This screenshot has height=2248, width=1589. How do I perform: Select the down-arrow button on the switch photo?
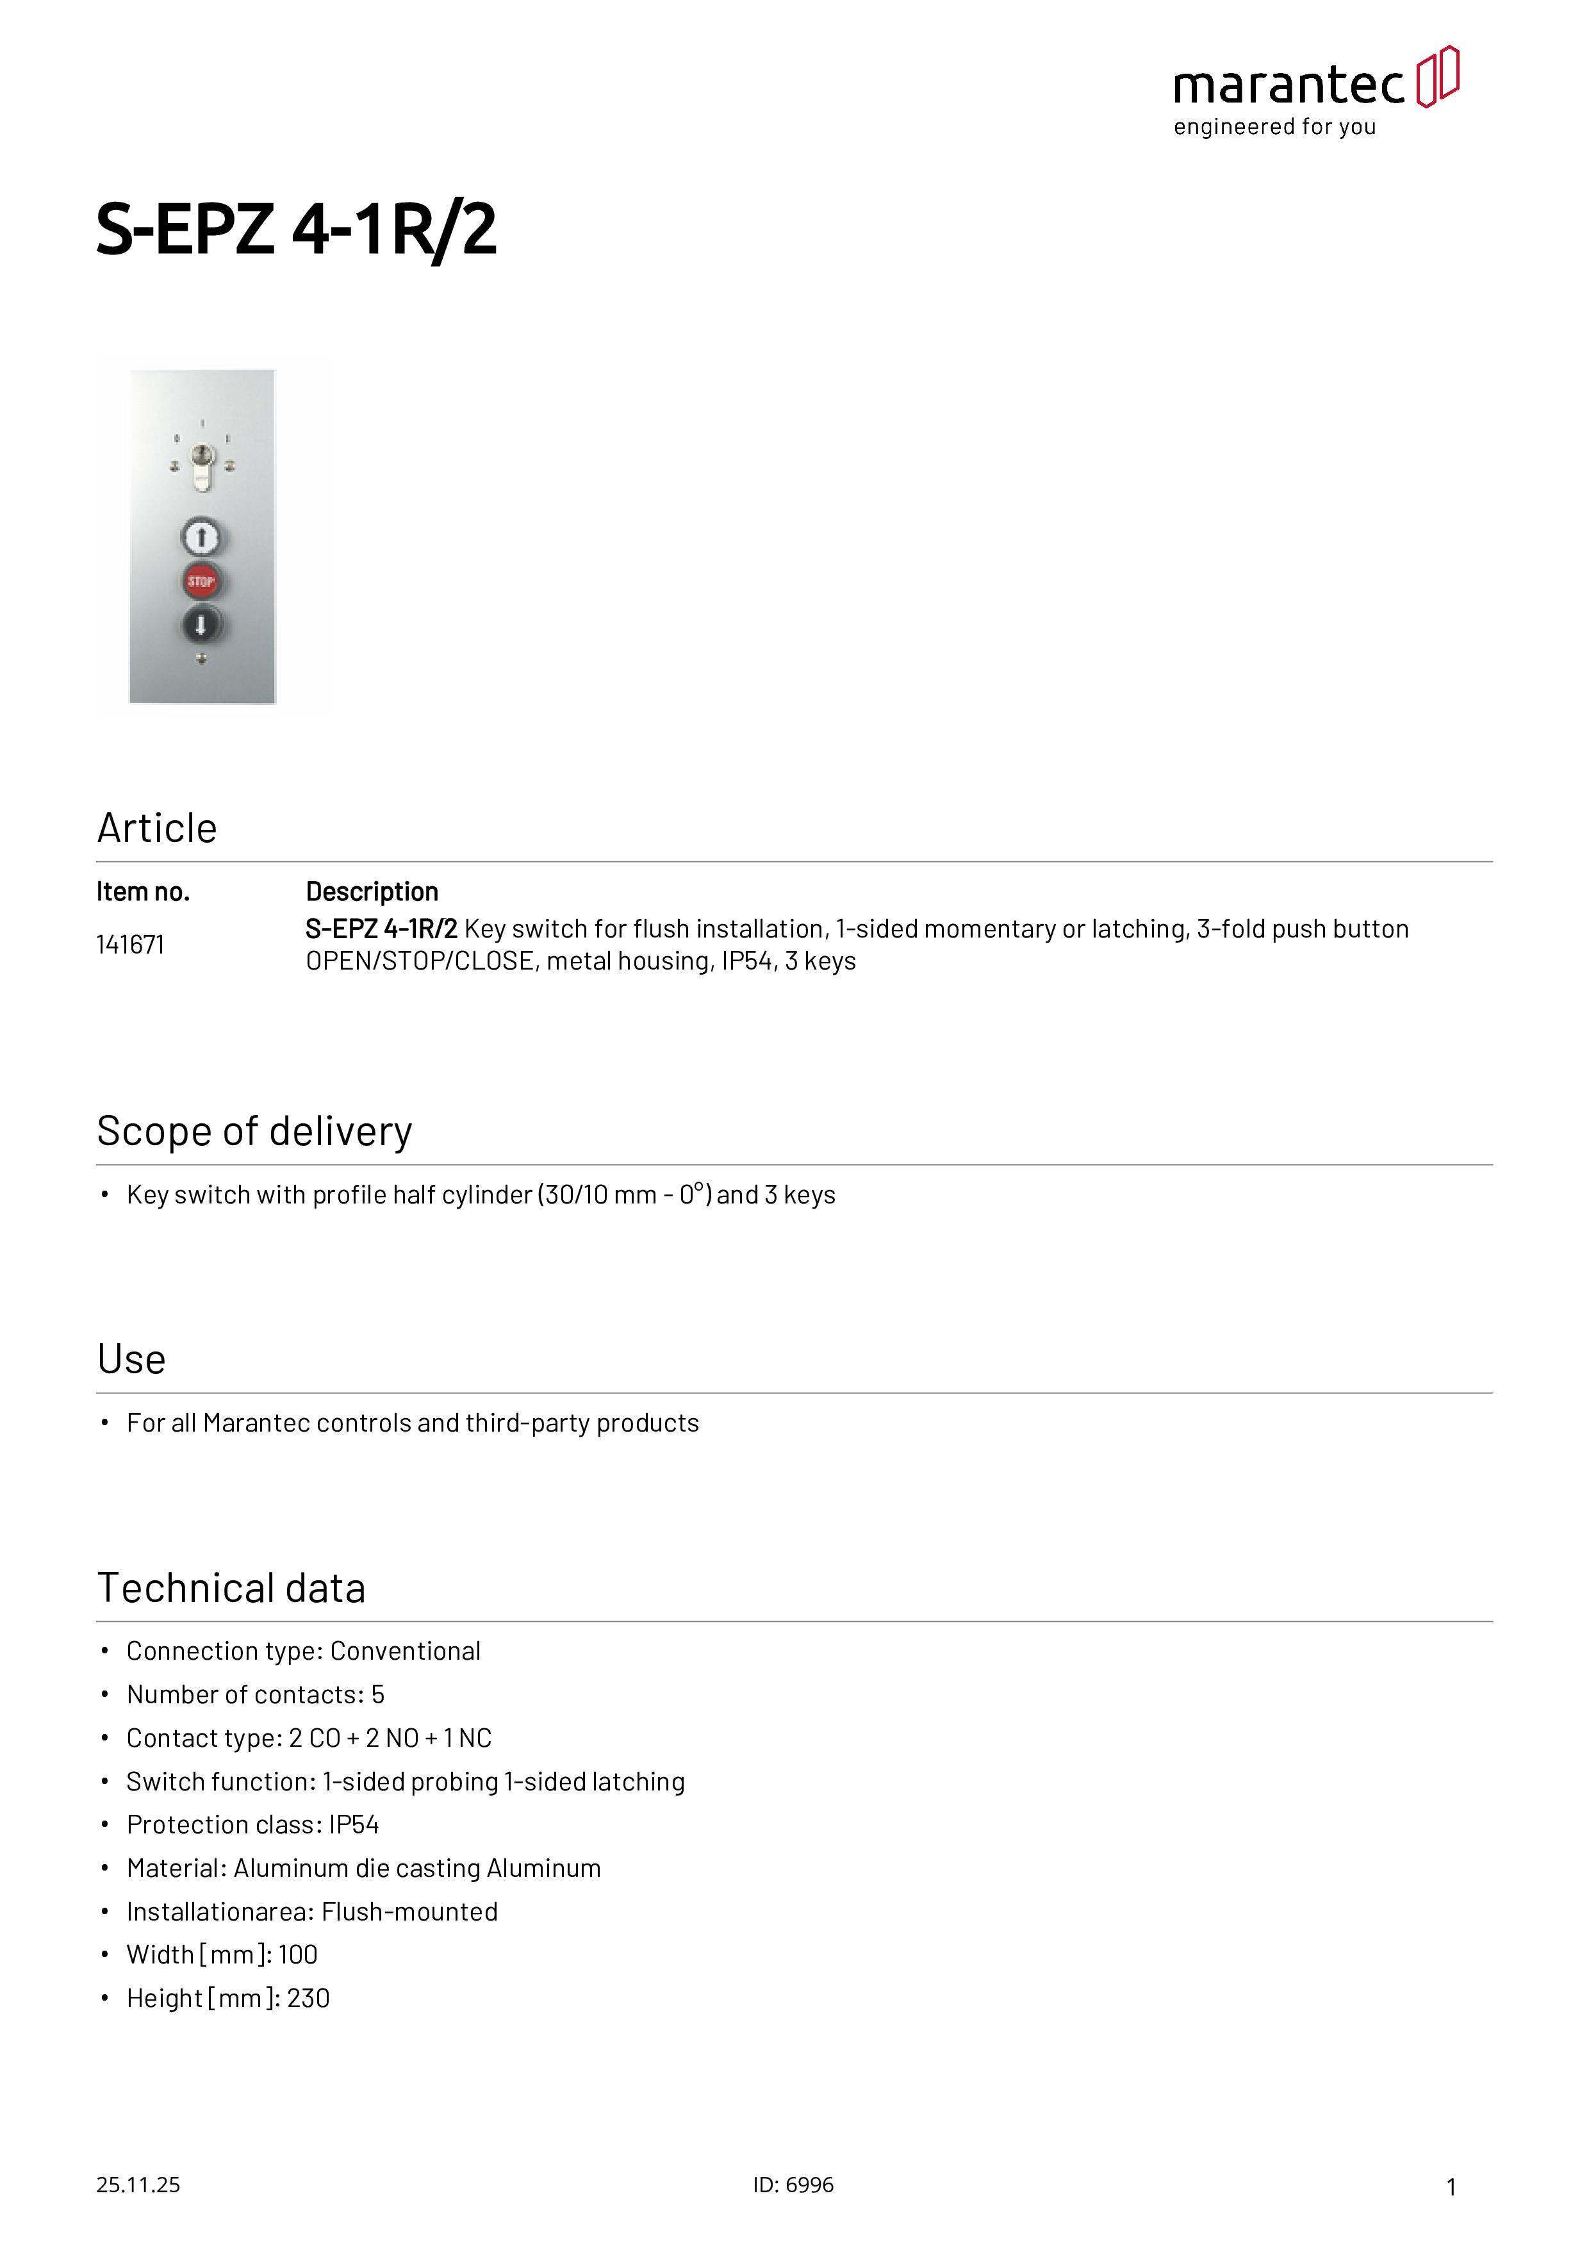[x=202, y=624]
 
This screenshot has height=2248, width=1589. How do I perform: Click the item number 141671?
[x=130, y=945]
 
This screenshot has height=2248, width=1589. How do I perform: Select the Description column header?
[x=372, y=892]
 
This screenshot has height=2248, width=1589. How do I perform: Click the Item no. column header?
[x=143, y=892]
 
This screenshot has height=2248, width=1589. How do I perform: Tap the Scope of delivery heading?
[x=254, y=1131]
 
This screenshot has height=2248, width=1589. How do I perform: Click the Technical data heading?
[x=231, y=1588]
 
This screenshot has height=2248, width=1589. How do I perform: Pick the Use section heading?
[x=131, y=1359]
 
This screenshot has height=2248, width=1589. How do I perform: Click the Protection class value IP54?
[x=354, y=1825]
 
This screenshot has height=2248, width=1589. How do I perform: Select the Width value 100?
[x=298, y=1955]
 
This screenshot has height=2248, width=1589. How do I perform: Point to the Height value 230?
[x=308, y=1998]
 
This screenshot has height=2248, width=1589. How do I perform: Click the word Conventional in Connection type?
[x=406, y=1652]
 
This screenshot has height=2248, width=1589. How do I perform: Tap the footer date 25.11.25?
[x=138, y=2185]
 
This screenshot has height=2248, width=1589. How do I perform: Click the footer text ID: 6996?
[x=793, y=2185]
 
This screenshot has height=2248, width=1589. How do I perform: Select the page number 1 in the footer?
[x=1451, y=2187]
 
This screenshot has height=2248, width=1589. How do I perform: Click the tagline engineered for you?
[x=1275, y=128]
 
